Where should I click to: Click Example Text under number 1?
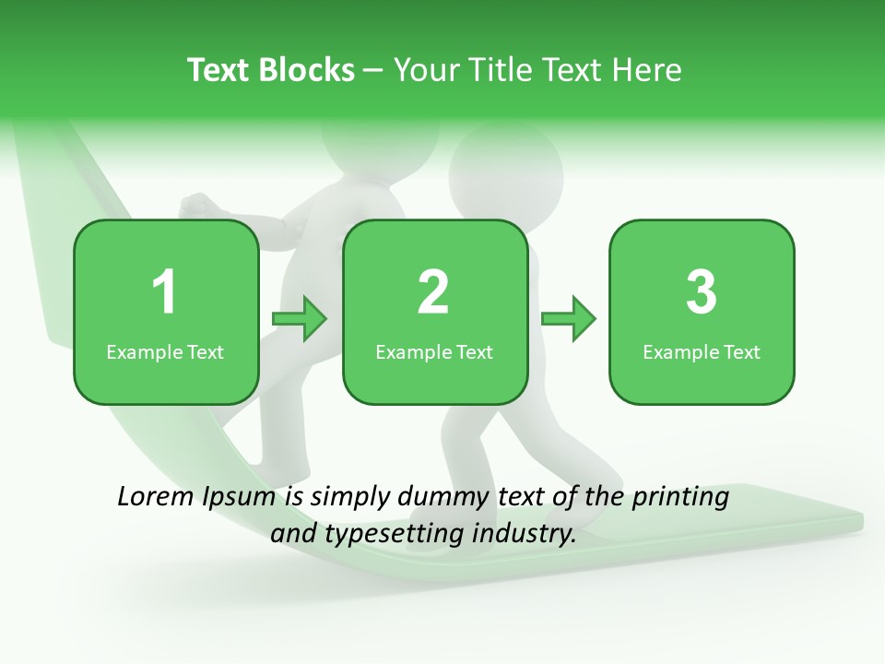[x=165, y=351]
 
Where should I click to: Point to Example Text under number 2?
[x=434, y=351]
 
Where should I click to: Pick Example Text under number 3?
[x=702, y=351]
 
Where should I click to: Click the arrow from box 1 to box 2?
[x=300, y=319]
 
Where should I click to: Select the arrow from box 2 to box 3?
[x=568, y=319]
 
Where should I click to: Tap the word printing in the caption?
[x=679, y=498]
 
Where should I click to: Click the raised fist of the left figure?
[x=196, y=205]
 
